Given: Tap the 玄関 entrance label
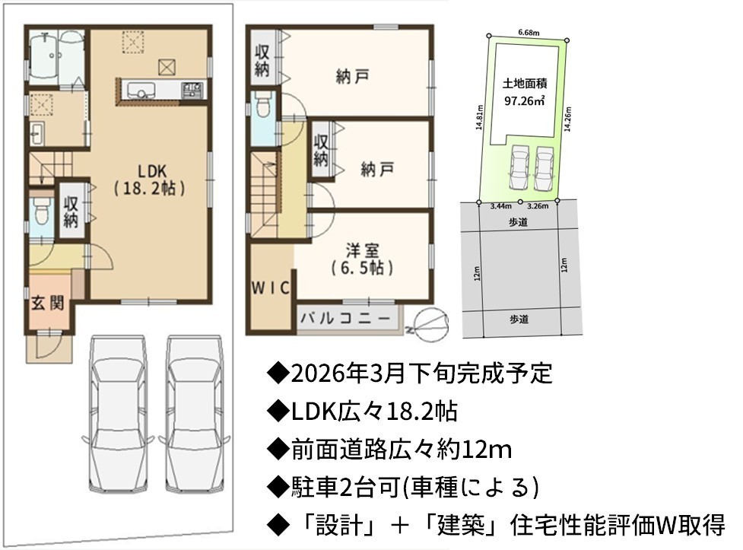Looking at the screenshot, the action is [x=48, y=303].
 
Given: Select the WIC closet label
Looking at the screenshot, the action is [x=270, y=288].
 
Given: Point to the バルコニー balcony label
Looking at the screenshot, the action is [x=345, y=318].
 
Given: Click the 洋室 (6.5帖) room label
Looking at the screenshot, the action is [x=363, y=259].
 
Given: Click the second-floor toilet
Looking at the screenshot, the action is [x=262, y=104].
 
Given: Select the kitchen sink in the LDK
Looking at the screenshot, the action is [x=139, y=90].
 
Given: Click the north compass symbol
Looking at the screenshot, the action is [x=430, y=322].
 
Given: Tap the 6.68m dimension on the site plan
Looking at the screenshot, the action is [x=529, y=33].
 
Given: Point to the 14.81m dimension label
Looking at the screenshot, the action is [x=480, y=117].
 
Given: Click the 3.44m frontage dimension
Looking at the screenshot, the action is [x=501, y=206].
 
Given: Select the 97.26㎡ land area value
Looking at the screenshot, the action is [x=524, y=101].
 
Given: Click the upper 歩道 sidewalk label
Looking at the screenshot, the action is [x=519, y=221].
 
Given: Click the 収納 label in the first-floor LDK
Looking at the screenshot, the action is [x=71, y=211].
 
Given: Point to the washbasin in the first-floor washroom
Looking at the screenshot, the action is [x=37, y=134].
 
